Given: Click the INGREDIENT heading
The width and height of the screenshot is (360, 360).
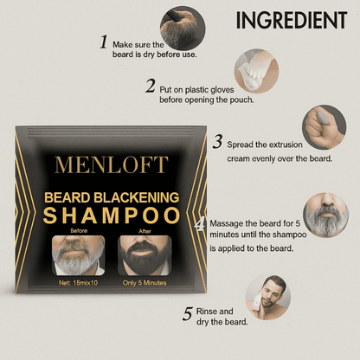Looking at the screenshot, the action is [292, 20].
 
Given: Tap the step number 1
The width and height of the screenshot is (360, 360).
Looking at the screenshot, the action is [104, 42].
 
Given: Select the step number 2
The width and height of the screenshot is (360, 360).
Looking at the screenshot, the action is [151, 86].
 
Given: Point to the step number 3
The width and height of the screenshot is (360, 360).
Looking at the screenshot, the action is [218, 142].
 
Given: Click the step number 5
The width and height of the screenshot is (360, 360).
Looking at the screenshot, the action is [188, 313].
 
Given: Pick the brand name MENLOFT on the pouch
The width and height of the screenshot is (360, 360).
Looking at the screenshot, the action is [112, 165].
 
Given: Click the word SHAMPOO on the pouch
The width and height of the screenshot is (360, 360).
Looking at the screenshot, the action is [112, 215].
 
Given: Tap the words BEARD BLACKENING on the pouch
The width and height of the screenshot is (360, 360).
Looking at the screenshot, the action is [112, 197].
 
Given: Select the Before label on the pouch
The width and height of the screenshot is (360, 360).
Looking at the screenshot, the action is [79, 231].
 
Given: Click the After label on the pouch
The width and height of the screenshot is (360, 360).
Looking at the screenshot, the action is [145, 231].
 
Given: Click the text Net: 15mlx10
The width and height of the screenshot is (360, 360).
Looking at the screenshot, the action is [78, 283].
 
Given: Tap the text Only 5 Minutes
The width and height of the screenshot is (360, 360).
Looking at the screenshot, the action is [145, 283].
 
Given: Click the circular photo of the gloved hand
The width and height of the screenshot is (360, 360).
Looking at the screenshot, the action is [256, 71].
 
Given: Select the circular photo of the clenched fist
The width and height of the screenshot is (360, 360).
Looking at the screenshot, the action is [325, 127].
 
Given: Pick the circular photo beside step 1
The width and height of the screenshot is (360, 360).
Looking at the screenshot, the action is [183, 29].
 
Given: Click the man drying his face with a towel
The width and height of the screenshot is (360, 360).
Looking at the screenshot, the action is [268, 298].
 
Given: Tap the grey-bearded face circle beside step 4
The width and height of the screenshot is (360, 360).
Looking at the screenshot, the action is [326, 215].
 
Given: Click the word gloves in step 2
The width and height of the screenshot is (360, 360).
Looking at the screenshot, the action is [222, 90].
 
